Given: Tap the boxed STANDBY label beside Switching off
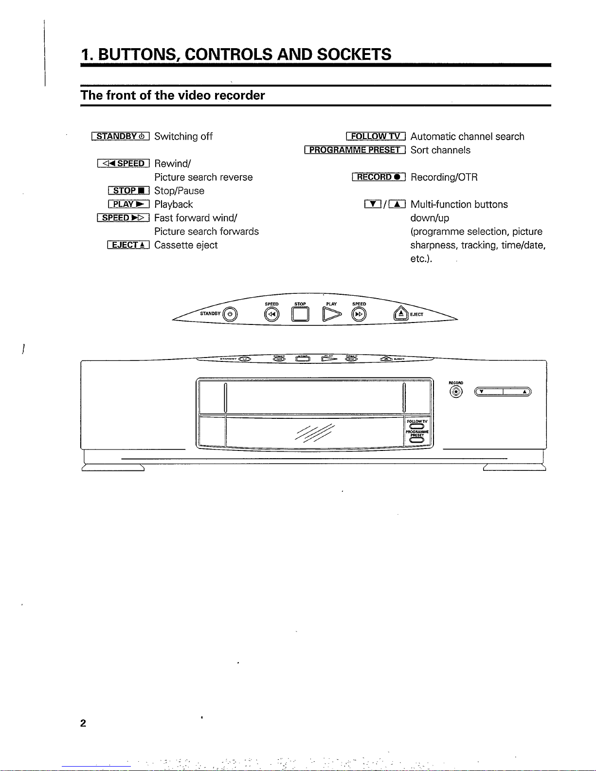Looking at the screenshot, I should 121,136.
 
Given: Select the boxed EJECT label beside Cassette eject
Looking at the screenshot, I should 128,245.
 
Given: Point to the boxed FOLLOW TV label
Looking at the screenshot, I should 376,136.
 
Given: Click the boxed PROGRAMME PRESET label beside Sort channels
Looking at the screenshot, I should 355,150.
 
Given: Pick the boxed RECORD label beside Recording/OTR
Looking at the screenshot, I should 379,177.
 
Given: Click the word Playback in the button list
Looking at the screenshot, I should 174,204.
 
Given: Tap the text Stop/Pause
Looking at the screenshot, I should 179,191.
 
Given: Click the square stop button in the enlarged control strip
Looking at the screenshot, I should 300,315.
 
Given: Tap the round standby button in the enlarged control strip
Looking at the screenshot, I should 230,315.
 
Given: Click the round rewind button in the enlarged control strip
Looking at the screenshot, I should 271,315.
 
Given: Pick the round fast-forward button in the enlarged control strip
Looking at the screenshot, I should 360,315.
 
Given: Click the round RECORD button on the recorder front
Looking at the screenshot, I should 456,392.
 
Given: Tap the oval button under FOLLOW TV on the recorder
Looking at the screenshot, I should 417,427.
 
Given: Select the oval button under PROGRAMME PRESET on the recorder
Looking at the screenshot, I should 417,440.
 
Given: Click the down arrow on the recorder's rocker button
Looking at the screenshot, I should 481,392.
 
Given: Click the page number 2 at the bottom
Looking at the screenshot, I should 83,723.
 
